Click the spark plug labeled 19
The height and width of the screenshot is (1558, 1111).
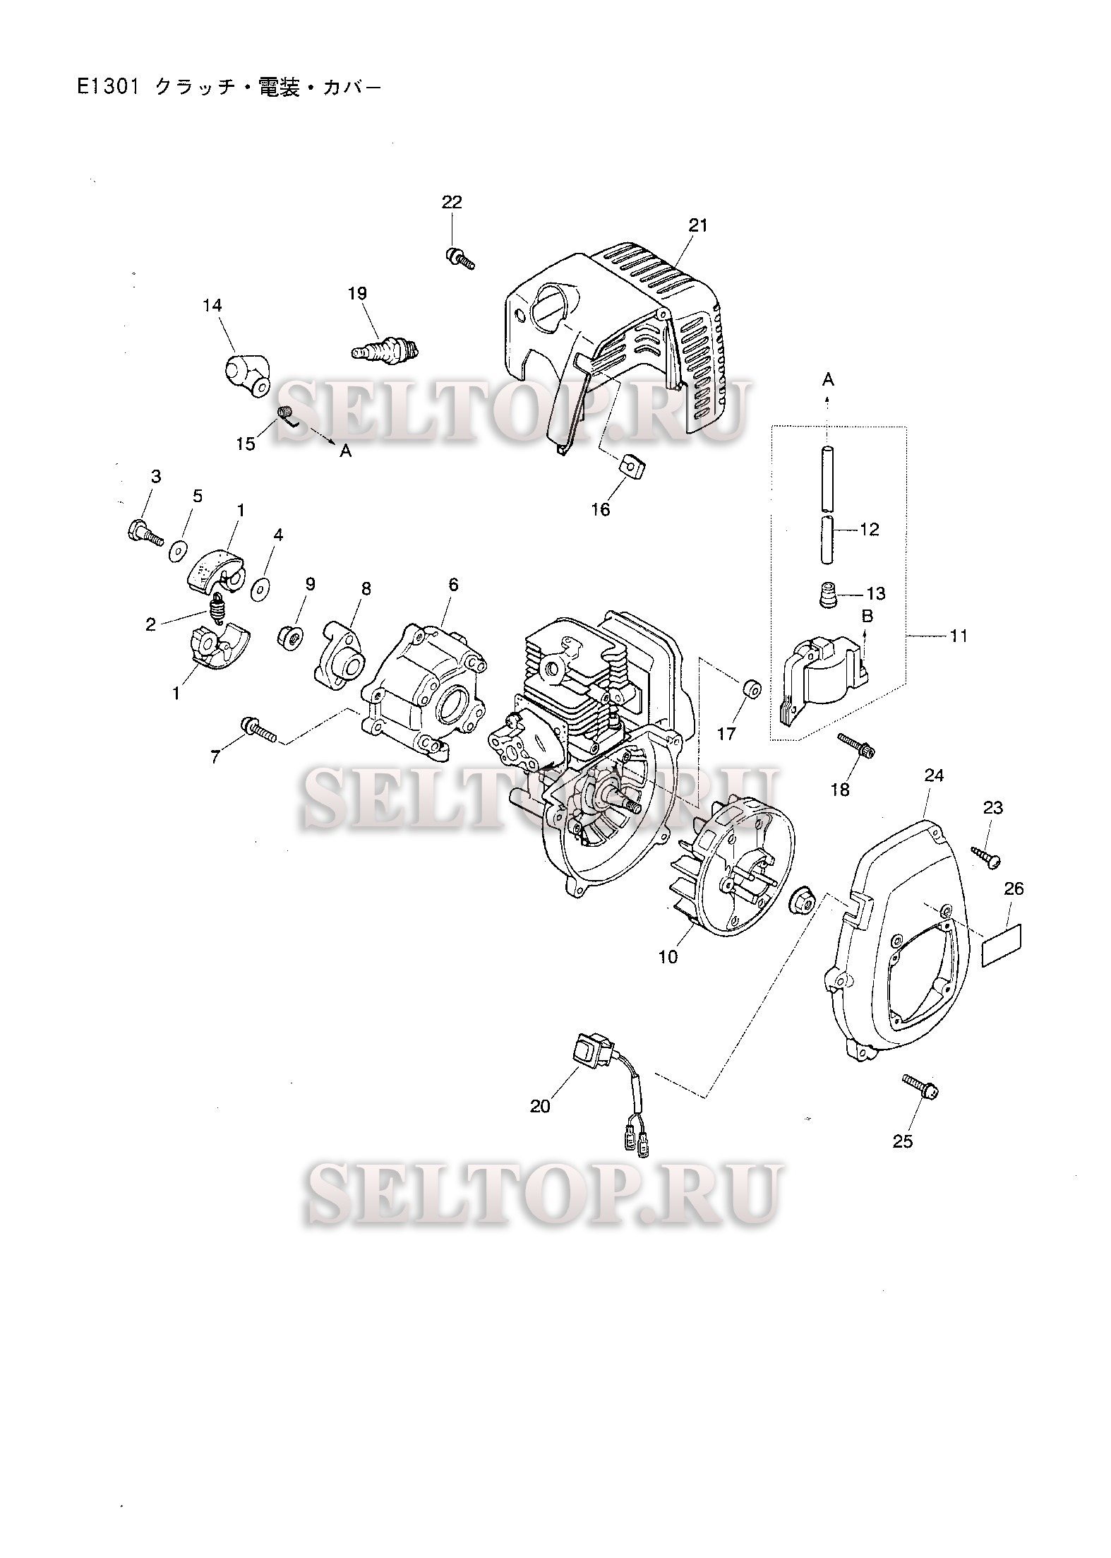pyautogui.click(x=385, y=348)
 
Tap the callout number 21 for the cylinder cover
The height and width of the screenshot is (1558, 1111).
pyautogui.click(x=697, y=225)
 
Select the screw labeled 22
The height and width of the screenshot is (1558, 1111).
pyautogui.click(x=460, y=258)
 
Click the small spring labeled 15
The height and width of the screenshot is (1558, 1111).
pyautogui.click(x=287, y=414)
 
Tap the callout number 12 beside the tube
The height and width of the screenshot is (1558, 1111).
pyautogui.click(x=870, y=529)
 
